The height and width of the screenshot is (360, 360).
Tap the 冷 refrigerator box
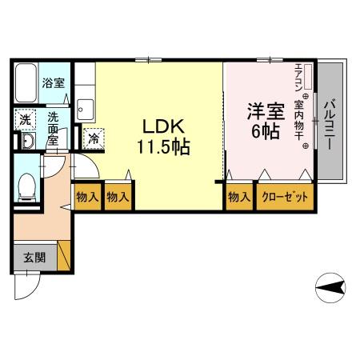pyautogui.click(x=94, y=138)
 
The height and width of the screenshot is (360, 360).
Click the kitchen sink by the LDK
pyautogui.click(x=86, y=106)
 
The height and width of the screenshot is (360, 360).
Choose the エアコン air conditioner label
pyautogui.click(x=298, y=78)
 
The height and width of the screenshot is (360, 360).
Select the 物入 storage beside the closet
pyautogui.click(x=238, y=195)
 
